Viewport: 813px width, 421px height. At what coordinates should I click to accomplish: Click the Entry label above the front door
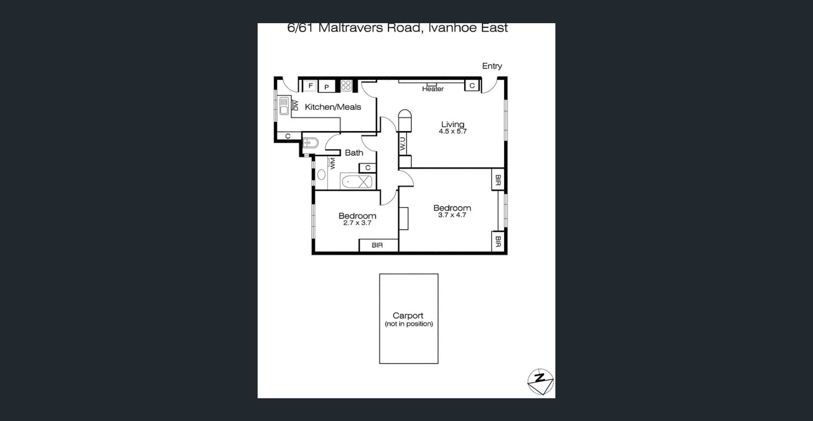coord(492,66)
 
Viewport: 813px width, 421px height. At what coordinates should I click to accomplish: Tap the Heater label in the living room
coord(433,89)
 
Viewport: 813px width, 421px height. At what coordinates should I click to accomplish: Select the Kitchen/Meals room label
coord(333,107)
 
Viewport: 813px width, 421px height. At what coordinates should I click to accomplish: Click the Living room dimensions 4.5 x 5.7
coord(452,132)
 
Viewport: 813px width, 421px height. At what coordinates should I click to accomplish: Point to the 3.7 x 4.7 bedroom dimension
coord(452,215)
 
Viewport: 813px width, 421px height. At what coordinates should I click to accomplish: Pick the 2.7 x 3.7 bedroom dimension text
coord(357,223)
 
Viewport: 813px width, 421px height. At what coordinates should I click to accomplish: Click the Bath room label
coord(354,153)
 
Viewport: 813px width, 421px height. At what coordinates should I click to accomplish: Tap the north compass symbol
coord(540,382)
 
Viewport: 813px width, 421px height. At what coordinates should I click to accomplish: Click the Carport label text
coord(408,316)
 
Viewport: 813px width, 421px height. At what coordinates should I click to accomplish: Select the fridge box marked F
coord(310,86)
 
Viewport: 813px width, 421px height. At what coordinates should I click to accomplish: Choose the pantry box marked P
coord(326,87)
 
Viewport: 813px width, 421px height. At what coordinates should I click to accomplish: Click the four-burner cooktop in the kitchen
coord(346,85)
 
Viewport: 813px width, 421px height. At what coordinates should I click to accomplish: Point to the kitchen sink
coord(283,106)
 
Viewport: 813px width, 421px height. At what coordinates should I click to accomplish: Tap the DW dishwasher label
coord(295,105)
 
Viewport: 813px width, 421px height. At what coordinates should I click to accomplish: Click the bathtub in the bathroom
coord(356,182)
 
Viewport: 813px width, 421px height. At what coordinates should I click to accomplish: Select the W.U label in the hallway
coord(403,144)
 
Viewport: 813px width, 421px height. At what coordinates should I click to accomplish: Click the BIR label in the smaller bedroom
coord(377,245)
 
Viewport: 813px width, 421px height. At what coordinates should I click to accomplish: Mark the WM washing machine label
coord(332,163)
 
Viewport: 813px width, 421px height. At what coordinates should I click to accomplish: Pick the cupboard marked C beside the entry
coord(472,85)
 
